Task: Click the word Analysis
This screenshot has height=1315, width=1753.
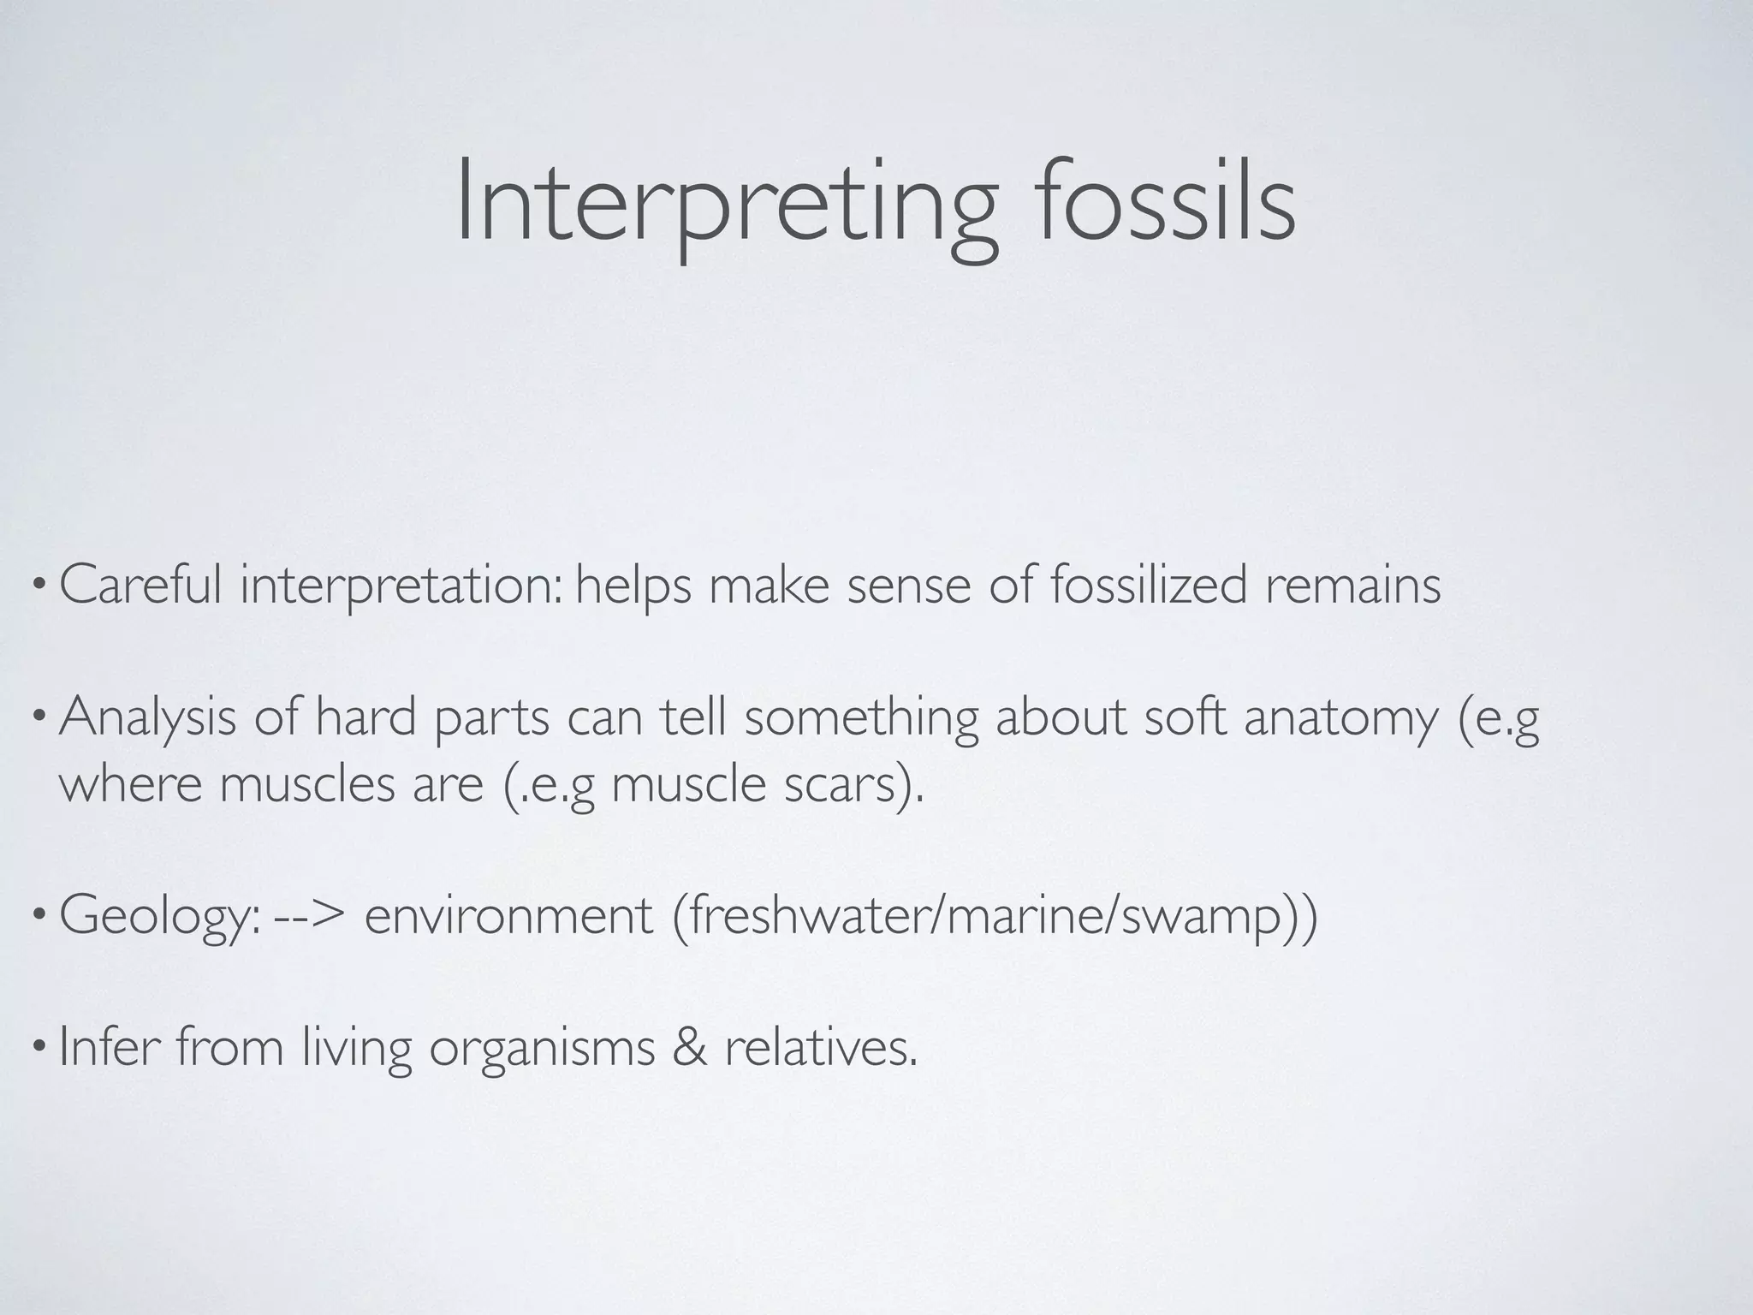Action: click(147, 717)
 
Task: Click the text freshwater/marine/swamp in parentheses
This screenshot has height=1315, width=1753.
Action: click(994, 917)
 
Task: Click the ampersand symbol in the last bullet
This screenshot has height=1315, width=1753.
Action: click(690, 1048)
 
